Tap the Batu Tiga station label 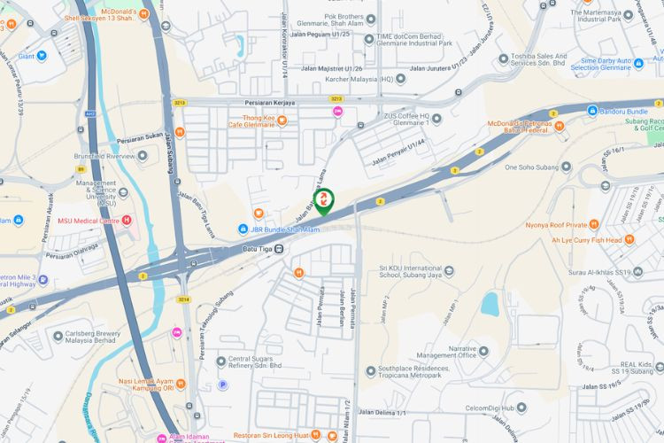pyautogui.click(x=258, y=249)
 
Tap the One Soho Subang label pyautogui.click(x=535, y=167)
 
